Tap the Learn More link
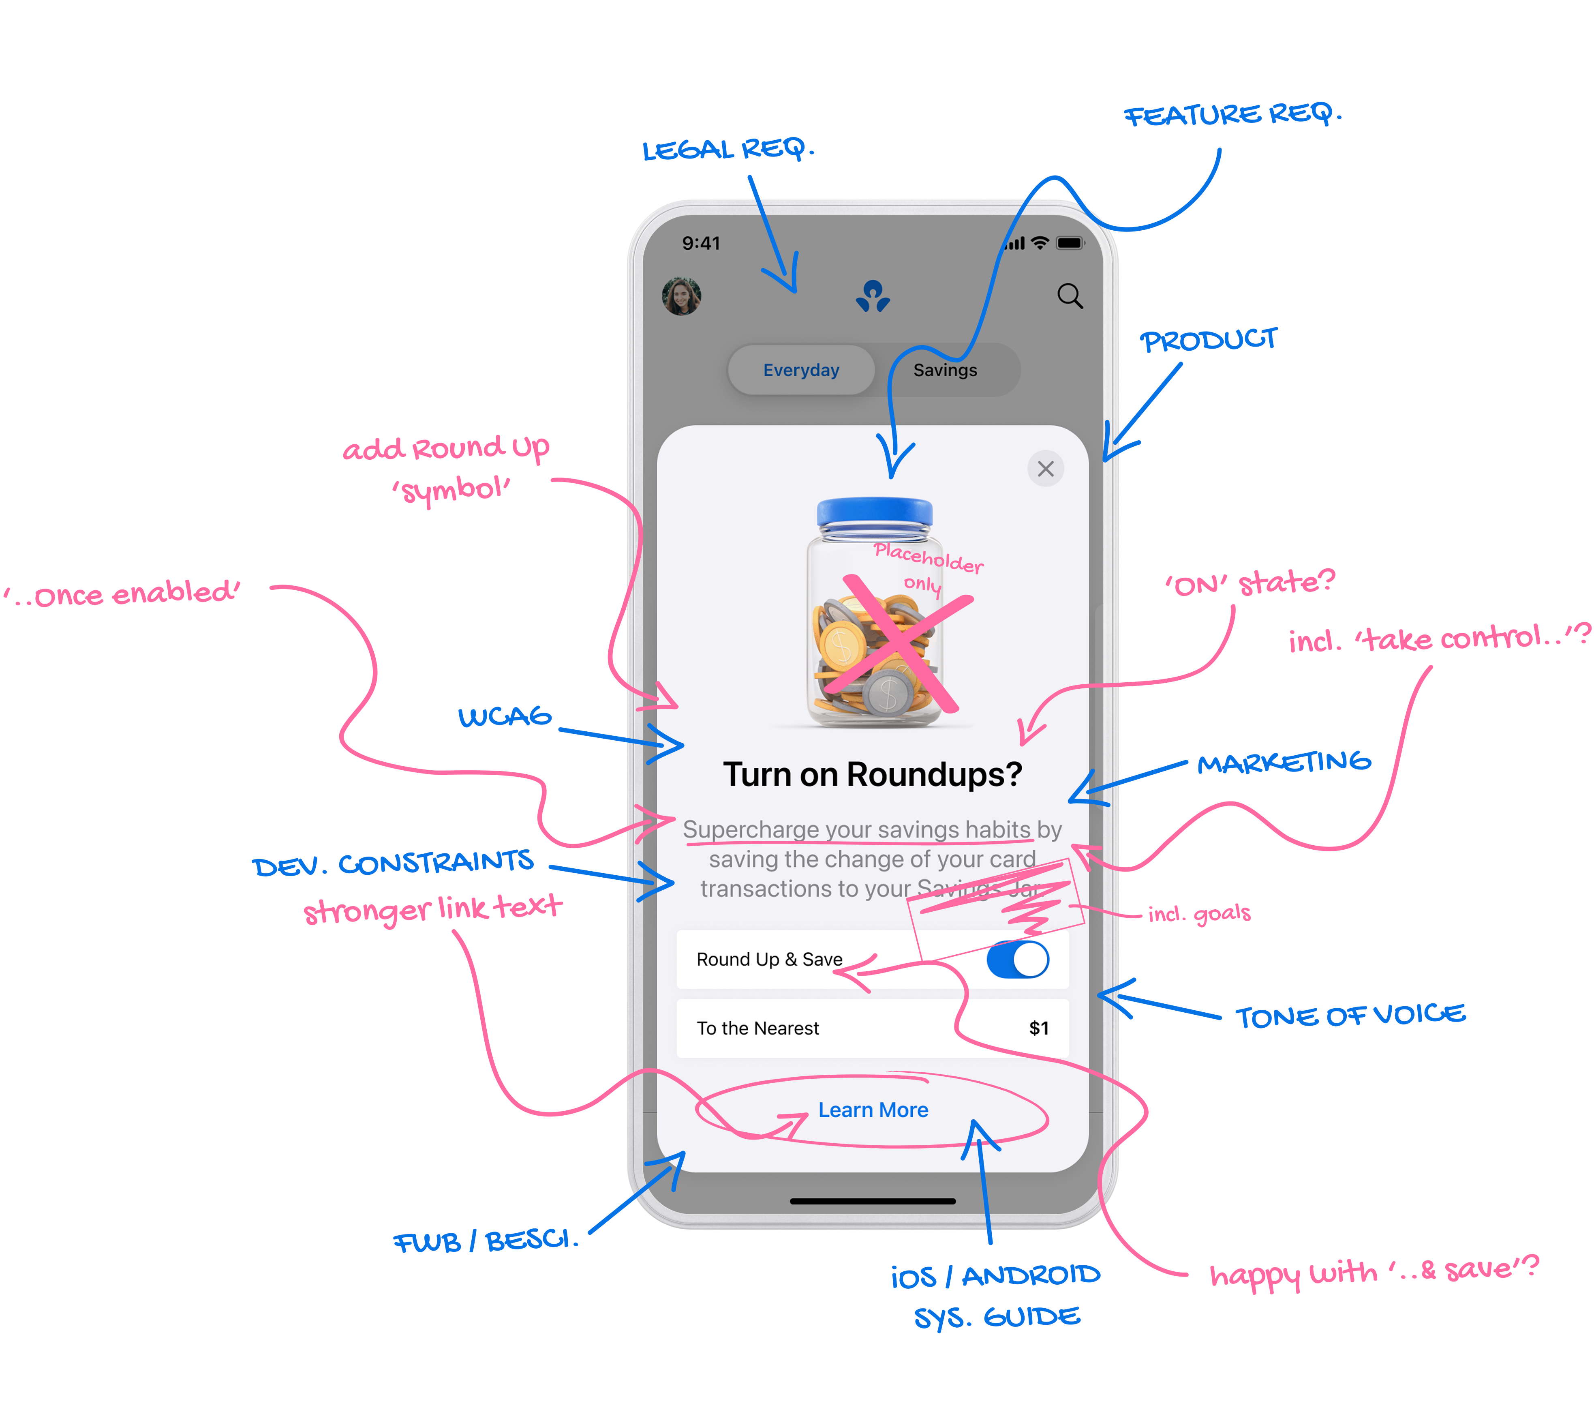pos(873,1110)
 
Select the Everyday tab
pos(801,370)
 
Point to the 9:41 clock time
pos(701,243)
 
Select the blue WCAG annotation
pos(505,716)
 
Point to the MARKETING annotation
pos(1284,762)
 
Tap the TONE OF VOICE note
pos(1350,1016)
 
